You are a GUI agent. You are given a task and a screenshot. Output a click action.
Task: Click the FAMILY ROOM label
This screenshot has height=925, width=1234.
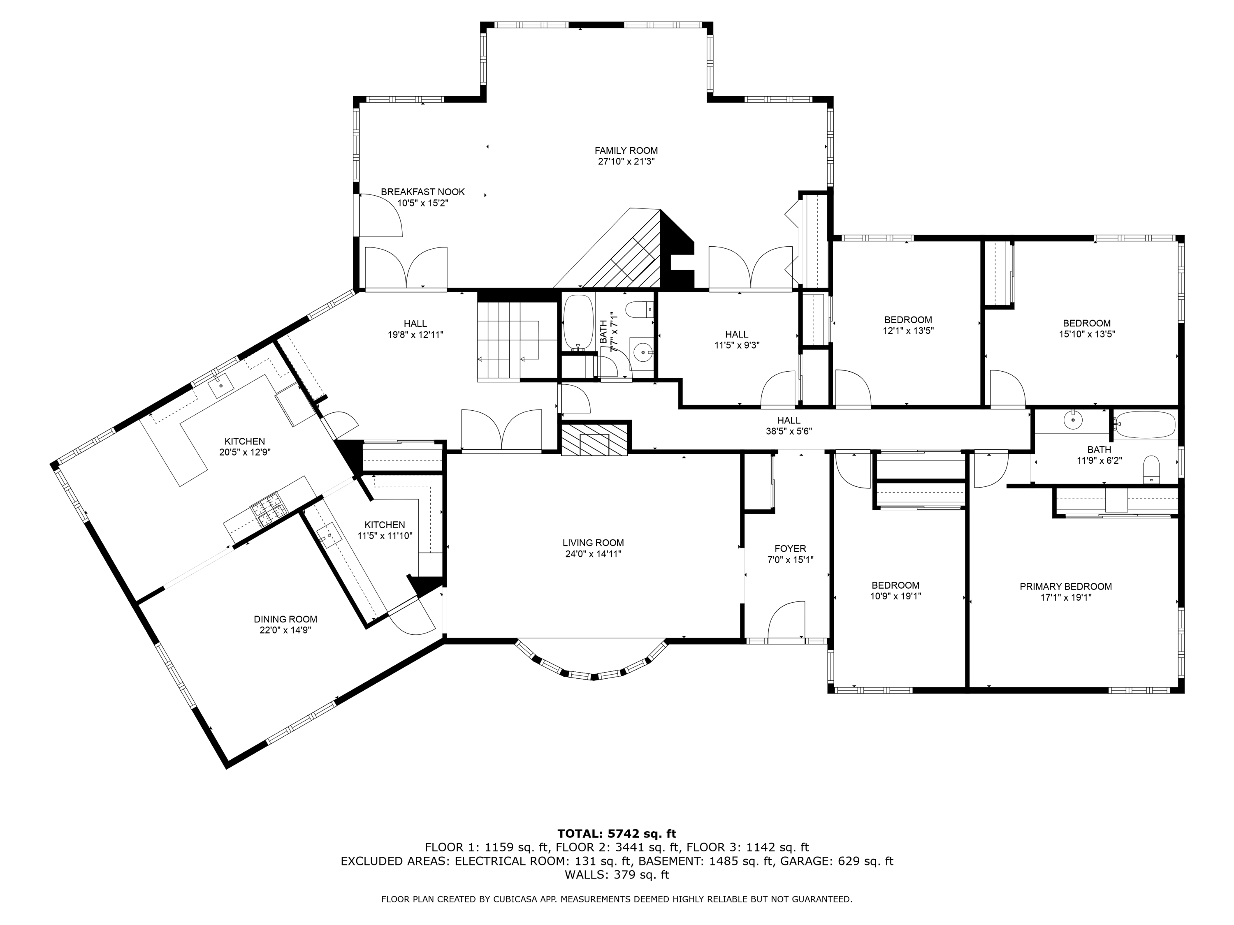(x=626, y=150)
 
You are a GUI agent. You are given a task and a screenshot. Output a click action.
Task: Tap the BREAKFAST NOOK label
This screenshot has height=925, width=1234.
(x=423, y=192)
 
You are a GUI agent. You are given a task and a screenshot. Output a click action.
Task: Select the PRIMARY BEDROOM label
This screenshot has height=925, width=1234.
(x=1065, y=587)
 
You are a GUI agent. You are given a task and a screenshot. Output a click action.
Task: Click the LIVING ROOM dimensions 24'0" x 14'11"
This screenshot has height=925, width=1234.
(x=593, y=554)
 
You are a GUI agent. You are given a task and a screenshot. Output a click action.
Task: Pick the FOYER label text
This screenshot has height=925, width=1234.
(x=790, y=549)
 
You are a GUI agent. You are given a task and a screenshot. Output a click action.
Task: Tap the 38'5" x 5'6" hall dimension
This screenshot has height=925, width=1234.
(x=789, y=431)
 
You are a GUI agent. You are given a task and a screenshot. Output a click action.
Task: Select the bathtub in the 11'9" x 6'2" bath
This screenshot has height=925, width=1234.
(x=1145, y=424)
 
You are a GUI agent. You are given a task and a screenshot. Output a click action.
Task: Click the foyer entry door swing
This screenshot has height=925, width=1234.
(x=786, y=620)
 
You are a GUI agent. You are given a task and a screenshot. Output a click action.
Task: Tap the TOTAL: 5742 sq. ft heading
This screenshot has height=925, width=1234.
(x=617, y=834)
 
